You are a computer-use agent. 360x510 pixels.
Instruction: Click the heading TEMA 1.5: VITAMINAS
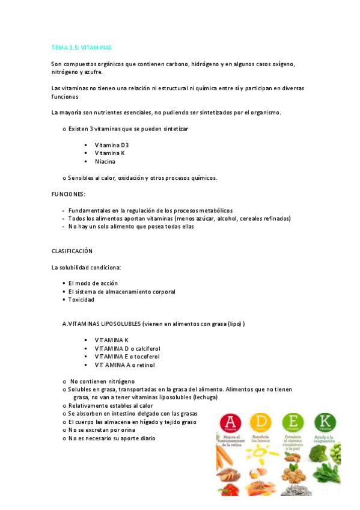click(81, 47)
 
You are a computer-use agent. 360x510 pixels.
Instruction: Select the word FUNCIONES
click(67, 194)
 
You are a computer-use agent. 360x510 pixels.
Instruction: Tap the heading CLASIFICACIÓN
click(72, 251)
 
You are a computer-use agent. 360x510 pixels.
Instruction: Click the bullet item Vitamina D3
click(111, 146)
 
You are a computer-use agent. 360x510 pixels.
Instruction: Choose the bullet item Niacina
click(105, 162)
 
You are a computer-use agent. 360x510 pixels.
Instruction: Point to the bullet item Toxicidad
click(81, 300)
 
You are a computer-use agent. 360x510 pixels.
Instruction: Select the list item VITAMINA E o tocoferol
click(124, 357)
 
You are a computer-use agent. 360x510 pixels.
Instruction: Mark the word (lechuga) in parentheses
click(205, 398)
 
